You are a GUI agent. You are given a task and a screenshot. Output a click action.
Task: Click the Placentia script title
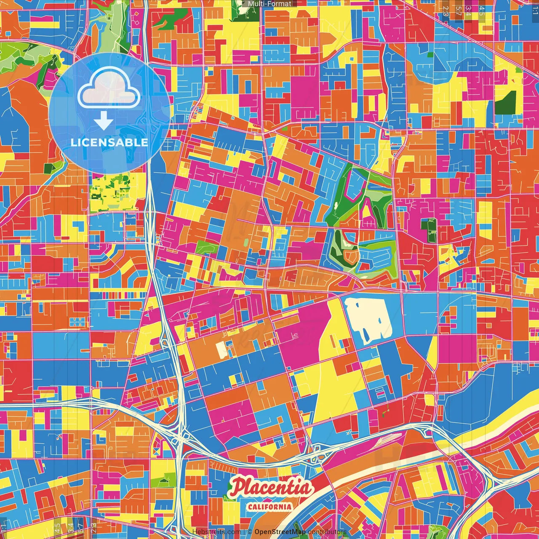271,488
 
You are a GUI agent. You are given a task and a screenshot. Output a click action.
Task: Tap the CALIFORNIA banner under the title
270,506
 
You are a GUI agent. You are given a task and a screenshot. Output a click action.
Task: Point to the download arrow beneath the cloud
104,121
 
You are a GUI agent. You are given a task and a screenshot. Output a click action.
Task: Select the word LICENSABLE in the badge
109,142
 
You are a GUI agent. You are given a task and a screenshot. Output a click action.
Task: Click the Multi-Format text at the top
269,4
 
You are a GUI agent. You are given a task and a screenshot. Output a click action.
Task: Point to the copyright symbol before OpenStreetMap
250,532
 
